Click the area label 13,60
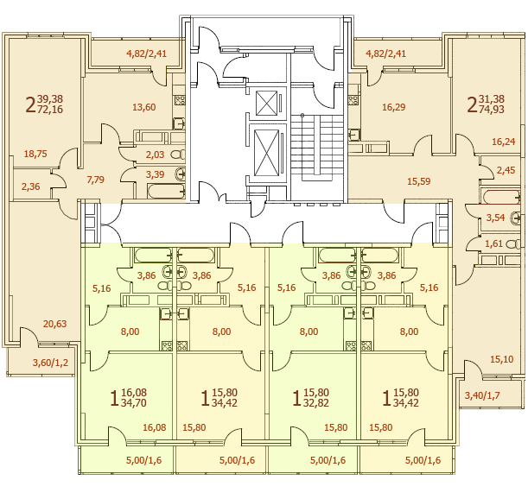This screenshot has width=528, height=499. click(x=143, y=107)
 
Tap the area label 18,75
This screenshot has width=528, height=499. click(x=35, y=154)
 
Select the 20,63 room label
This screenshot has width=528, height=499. click(x=55, y=324)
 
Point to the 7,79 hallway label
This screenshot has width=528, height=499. click(x=95, y=180)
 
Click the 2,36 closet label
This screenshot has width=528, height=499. click(x=30, y=186)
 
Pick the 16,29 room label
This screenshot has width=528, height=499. click(x=394, y=107)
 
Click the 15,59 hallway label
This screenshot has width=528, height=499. click(x=419, y=181)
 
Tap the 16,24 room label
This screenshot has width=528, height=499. click(x=504, y=142)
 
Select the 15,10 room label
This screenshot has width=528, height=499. click(x=502, y=359)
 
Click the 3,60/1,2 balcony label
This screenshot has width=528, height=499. click(x=50, y=363)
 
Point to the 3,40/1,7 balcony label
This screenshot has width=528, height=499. click(x=482, y=395)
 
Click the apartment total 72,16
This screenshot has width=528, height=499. click(x=50, y=110)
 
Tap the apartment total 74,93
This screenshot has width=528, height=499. click(x=492, y=110)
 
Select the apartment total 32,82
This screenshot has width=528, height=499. click(x=316, y=403)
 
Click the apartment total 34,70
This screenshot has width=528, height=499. click(x=134, y=403)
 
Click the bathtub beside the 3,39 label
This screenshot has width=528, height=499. click(x=166, y=191)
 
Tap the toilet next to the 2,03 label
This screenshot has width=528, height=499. click(x=178, y=155)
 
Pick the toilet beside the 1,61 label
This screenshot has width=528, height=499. click(x=513, y=244)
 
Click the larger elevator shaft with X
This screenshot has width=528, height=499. click(x=267, y=153)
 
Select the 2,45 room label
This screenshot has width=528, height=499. click(x=506, y=170)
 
